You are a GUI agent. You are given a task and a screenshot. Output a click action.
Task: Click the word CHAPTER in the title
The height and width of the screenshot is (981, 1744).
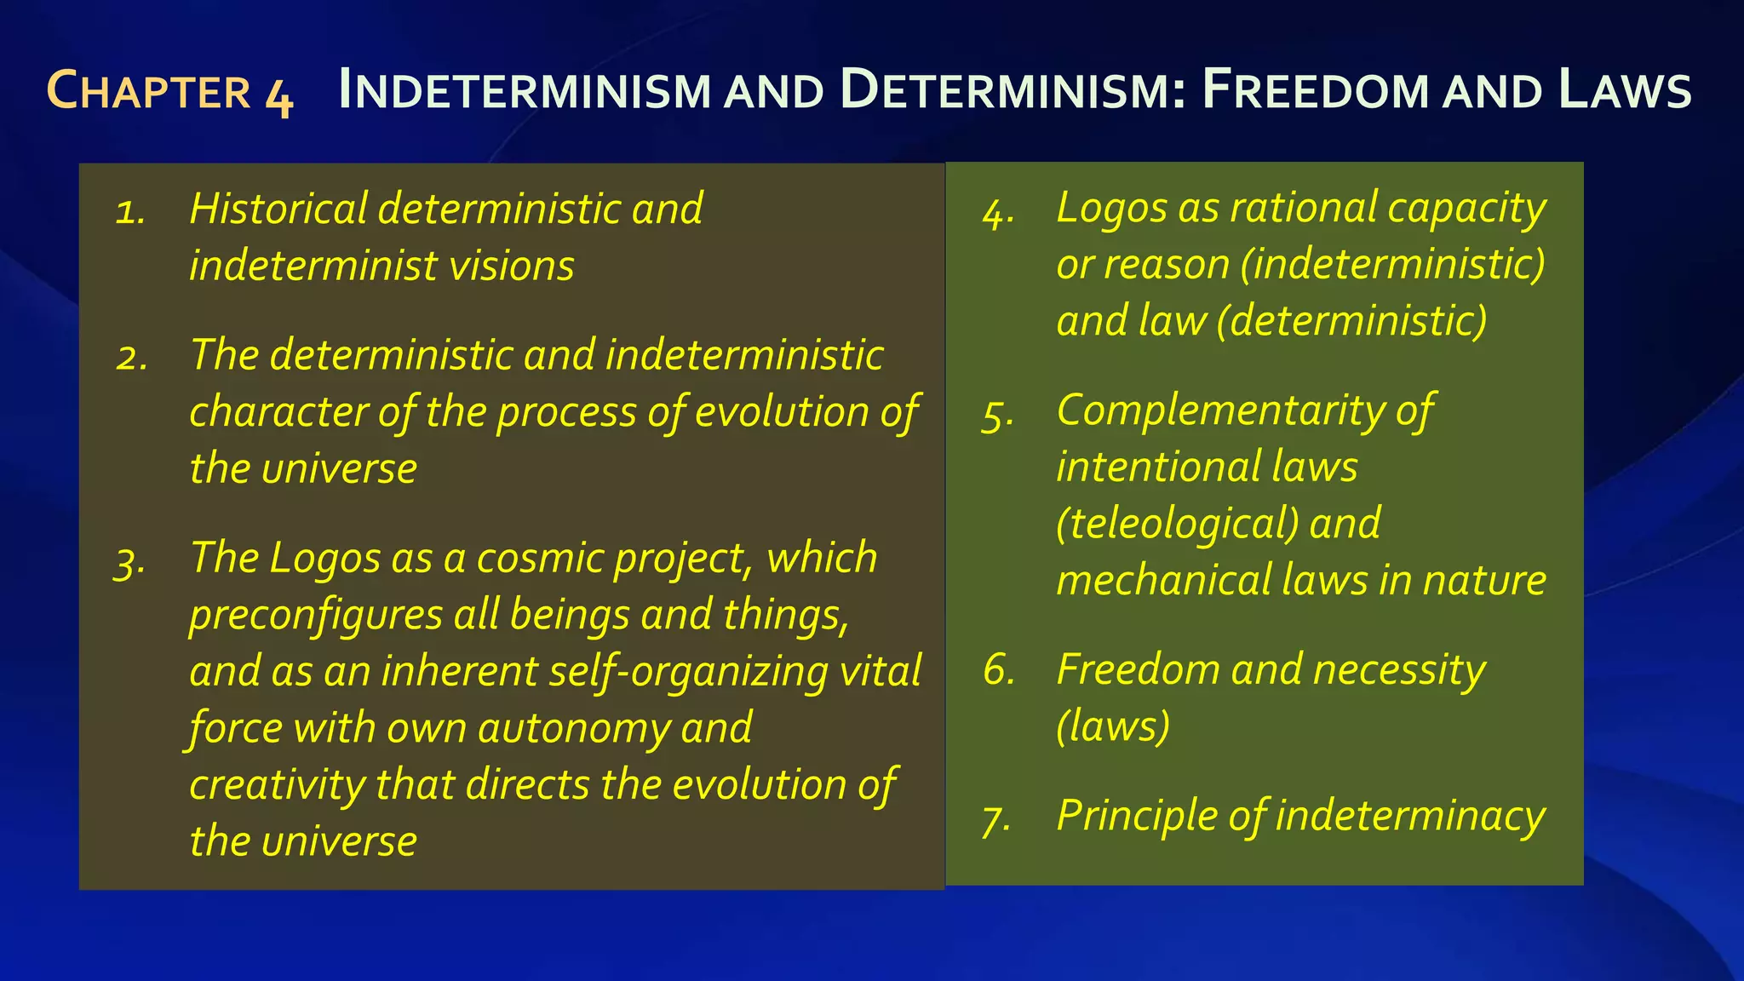[x=149, y=90]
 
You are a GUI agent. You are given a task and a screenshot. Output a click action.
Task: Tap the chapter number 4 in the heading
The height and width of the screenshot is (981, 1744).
[x=279, y=94]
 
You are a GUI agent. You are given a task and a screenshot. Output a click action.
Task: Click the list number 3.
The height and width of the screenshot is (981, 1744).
[x=129, y=562]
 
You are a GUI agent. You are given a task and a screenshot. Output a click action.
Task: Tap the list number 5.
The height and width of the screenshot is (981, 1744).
[x=997, y=416]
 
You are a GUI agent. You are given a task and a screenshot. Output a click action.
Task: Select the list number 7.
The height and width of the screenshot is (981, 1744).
[x=995, y=819]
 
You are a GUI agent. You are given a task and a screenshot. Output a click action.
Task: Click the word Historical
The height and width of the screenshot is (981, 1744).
[x=278, y=209]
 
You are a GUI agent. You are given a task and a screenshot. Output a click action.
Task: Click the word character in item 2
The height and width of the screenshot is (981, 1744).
[x=278, y=412]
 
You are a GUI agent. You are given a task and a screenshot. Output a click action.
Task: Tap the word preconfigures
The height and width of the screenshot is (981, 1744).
[x=315, y=616]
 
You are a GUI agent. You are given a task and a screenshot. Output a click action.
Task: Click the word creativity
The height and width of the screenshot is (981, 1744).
[x=277, y=785]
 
